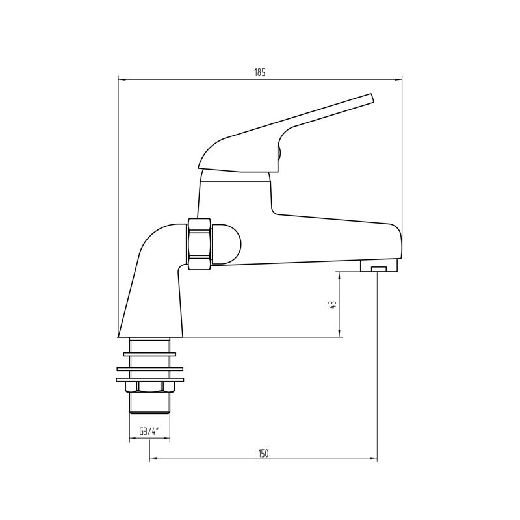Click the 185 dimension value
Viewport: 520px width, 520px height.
pyautogui.click(x=259, y=73)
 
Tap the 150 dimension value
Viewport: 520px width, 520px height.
pyautogui.click(x=263, y=453)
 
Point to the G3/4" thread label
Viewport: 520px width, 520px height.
pyautogui.click(x=149, y=432)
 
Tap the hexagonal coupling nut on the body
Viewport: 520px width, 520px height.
pyautogui.click(x=200, y=244)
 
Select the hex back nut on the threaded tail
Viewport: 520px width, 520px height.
pyautogui.click(x=149, y=387)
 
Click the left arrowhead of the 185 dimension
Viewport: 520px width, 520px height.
pyautogui.click(x=122, y=79)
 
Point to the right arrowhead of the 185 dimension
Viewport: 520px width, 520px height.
pyautogui.click(x=398, y=79)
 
